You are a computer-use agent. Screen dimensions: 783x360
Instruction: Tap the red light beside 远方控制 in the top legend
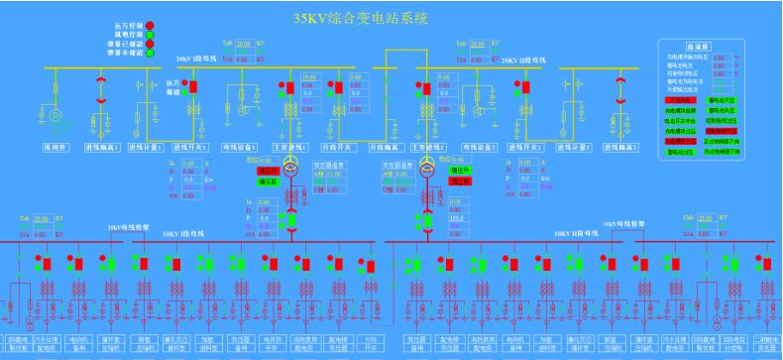click(151, 25)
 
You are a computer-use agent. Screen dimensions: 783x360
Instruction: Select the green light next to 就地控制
click(151, 34)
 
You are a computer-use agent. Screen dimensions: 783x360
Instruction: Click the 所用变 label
click(53, 147)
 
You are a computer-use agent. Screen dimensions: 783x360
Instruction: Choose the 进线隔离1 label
click(102, 147)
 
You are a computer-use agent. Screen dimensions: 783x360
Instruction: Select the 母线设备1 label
click(241, 147)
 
